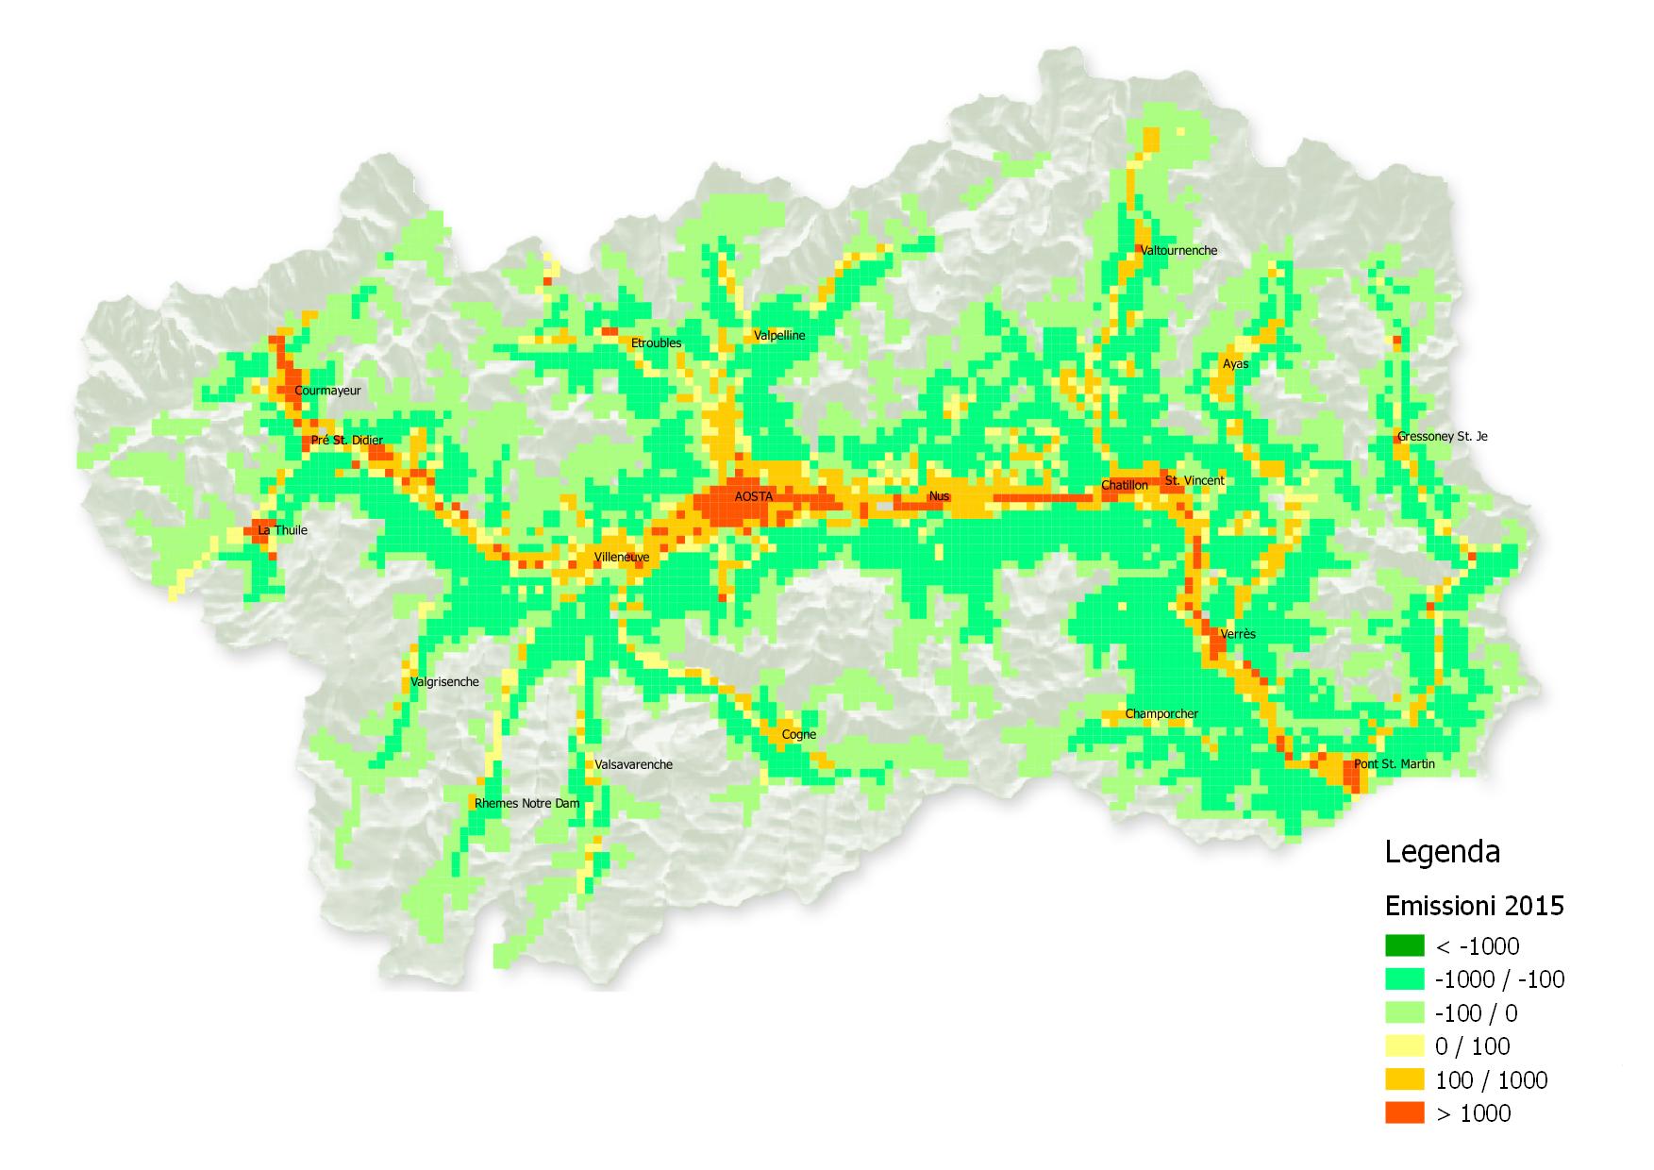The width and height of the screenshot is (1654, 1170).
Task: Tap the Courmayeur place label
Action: click(x=327, y=391)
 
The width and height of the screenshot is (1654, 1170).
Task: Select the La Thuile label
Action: click(x=283, y=530)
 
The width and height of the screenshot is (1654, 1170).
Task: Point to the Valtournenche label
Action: click(x=1178, y=251)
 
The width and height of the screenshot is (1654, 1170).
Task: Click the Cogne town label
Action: click(x=798, y=735)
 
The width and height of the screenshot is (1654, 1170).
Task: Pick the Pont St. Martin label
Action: click(x=1394, y=764)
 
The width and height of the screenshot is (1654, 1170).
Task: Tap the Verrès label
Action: click(x=1237, y=634)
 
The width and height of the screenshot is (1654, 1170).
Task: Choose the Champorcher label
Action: click(x=1161, y=714)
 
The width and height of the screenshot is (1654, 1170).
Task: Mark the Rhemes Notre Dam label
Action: click(x=526, y=804)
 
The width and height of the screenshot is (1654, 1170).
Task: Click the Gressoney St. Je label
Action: click(x=1442, y=437)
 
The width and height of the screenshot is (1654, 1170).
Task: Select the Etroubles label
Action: click(x=656, y=343)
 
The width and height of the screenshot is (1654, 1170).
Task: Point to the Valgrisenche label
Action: click(x=444, y=682)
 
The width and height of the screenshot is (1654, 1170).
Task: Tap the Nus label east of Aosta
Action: click(x=939, y=496)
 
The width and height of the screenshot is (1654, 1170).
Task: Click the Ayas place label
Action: click(x=1235, y=364)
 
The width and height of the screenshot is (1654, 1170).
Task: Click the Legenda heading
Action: click(x=1442, y=852)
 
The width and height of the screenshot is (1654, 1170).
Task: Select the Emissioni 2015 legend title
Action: click(x=1474, y=907)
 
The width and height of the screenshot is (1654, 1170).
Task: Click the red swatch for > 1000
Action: click(x=1404, y=1113)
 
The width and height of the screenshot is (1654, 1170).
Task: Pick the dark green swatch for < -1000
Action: click(x=1404, y=945)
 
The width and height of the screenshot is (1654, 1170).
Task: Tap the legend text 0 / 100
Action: click(x=1472, y=1046)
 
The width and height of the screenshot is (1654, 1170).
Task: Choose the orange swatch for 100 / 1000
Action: click(x=1404, y=1079)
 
